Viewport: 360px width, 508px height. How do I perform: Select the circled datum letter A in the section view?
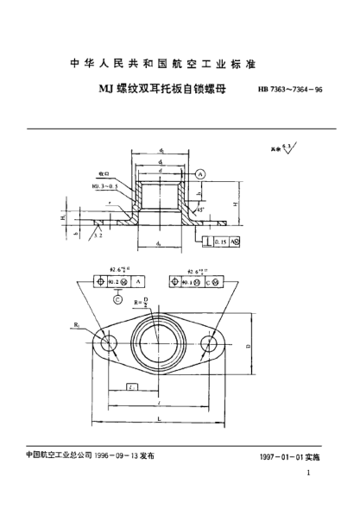click(201, 173)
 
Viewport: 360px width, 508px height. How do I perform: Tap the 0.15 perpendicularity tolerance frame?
click(219, 243)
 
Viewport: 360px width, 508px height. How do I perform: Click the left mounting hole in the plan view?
click(109, 344)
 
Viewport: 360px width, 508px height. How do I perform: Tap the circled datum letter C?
click(118, 300)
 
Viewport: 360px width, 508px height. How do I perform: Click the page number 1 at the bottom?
click(308, 475)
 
